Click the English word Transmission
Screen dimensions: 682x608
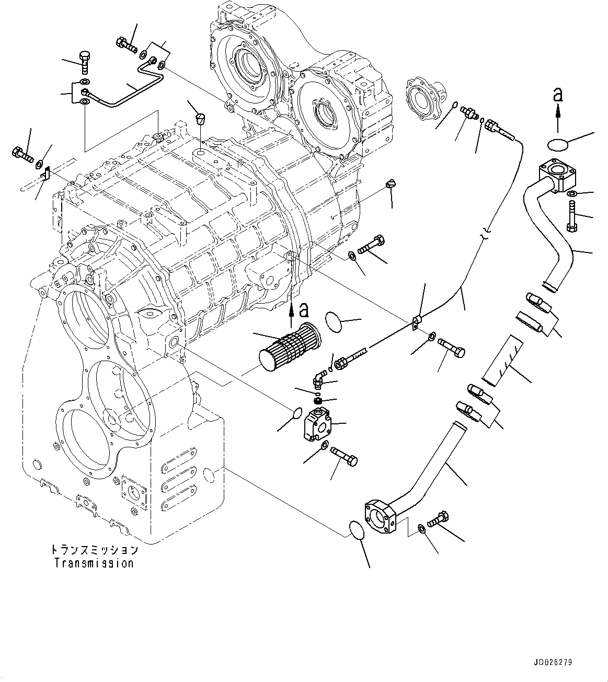94,563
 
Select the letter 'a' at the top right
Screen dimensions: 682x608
558,95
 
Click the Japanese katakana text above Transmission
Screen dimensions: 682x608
94,550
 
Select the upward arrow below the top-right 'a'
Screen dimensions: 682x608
558,118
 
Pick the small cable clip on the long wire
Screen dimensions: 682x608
417,322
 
